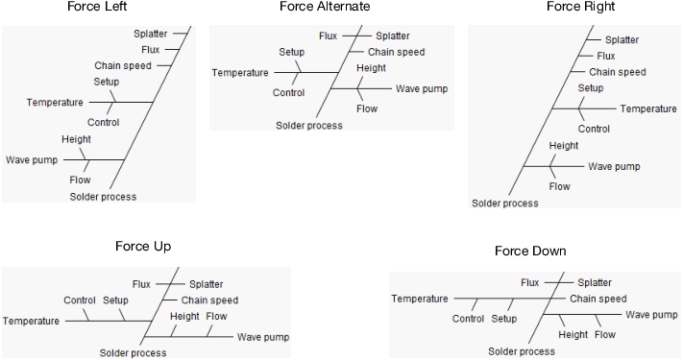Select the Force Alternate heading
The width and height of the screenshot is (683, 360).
point(326,7)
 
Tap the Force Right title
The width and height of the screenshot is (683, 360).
point(580,7)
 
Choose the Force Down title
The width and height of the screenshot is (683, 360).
point(530,252)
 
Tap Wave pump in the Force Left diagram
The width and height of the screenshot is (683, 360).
point(32,159)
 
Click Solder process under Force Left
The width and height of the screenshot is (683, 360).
point(103,197)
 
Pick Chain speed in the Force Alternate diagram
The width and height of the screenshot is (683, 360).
point(396,52)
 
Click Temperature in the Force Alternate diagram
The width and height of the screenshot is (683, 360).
point(240,73)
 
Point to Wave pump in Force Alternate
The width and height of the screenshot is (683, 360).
point(421,88)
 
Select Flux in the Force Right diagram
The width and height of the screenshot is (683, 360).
point(605,56)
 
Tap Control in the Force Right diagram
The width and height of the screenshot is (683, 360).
point(594,129)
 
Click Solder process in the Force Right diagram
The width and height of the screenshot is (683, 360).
point(505,203)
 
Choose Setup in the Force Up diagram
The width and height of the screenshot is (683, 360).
point(115,300)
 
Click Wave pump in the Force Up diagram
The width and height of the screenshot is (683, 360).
point(263,337)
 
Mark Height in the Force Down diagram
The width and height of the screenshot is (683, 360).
point(573,334)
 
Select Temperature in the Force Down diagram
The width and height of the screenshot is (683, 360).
point(420,299)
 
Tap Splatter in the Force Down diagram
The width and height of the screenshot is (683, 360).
point(595,283)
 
